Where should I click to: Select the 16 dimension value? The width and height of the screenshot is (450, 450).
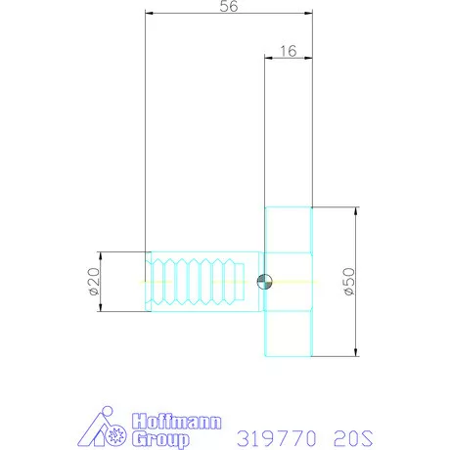(289, 51)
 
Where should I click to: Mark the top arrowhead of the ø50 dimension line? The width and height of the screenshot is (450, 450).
(354, 210)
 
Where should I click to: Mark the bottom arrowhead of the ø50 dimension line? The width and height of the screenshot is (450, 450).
(354, 353)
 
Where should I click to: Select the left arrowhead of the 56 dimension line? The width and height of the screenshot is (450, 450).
(149, 15)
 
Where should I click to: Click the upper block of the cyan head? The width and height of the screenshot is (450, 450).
(288, 234)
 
